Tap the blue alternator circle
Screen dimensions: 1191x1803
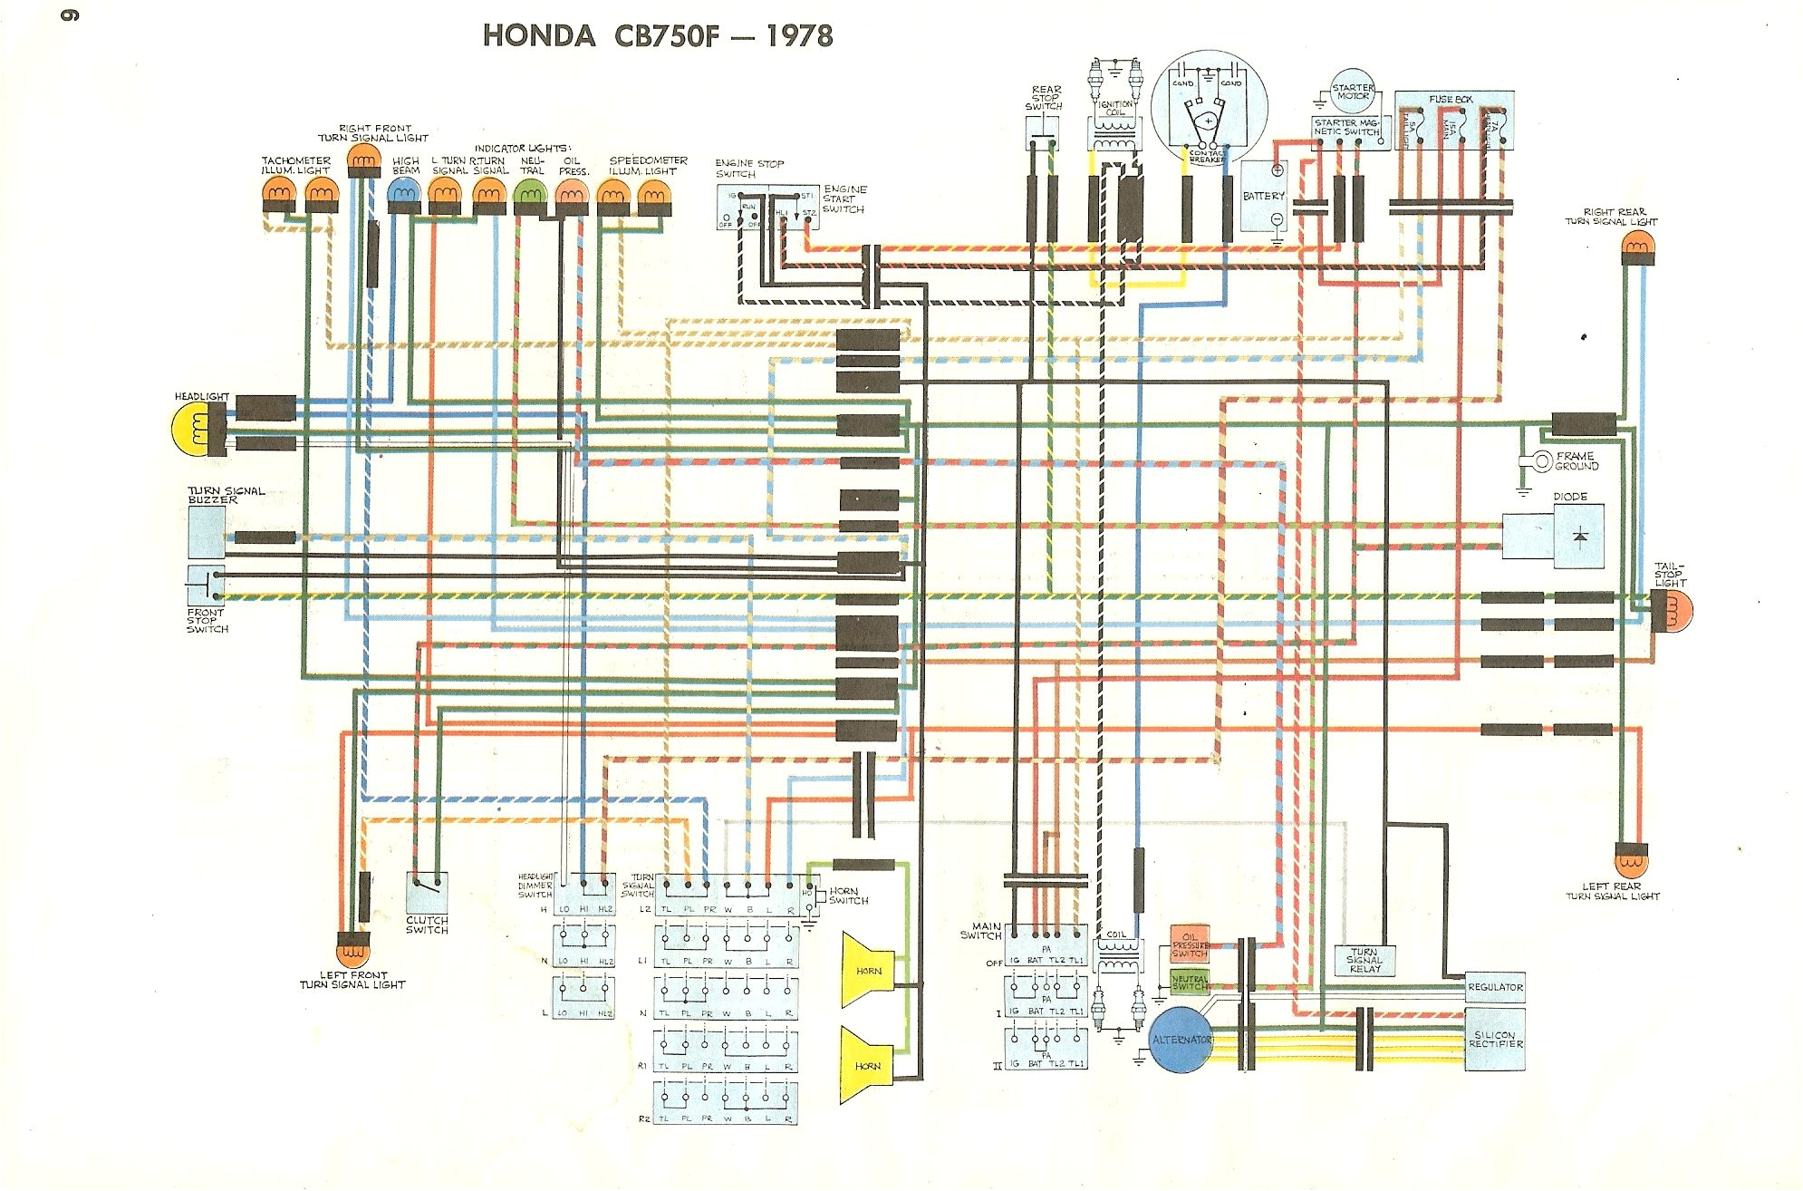click(1181, 1039)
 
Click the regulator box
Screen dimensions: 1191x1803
click(1495, 986)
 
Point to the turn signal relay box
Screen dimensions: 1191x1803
click(1364, 961)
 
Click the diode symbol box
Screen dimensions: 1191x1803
click(1578, 537)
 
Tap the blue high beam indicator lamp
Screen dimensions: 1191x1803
click(405, 191)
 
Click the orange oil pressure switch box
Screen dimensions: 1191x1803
click(1189, 943)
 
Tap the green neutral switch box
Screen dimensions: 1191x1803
click(1189, 982)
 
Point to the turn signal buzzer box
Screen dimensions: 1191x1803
click(207, 532)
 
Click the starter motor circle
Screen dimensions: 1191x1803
click(1353, 91)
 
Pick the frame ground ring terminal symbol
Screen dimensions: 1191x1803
click(1538, 461)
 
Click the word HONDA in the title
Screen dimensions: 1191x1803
click(539, 36)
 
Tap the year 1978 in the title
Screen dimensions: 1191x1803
click(798, 36)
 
